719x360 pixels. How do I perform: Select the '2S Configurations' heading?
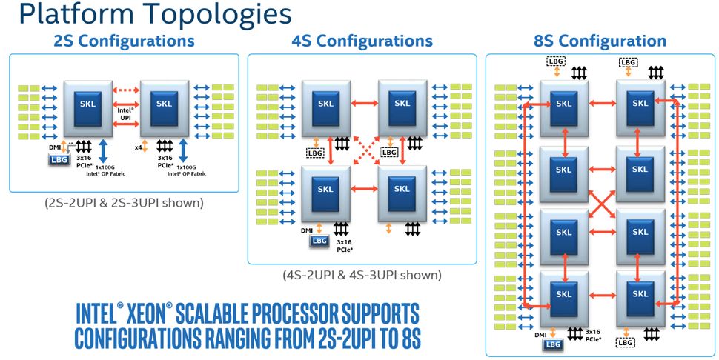124,41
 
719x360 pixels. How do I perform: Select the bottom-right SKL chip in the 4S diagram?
401,189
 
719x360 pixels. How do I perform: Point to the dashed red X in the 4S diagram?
362,148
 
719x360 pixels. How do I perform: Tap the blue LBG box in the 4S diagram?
319,241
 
